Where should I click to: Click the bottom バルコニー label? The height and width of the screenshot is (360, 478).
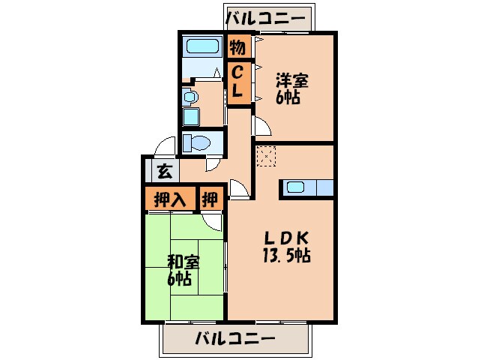pyautogui.click(x=235, y=337)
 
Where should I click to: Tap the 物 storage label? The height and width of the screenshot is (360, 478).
pyautogui.click(x=238, y=48)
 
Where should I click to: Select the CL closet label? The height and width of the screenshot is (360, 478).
pyautogui.click(x=238, y=83)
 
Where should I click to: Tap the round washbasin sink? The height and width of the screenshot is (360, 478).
pyautogui.click(x=190, y=97)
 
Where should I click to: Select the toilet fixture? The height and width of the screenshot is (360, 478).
pyautogui.click(x=195, y=142)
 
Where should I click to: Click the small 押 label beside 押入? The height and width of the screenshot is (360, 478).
pyautogui.click(x=211, y=199)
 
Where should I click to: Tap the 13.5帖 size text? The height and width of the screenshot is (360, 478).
pyautogui.click(x=286, y=255)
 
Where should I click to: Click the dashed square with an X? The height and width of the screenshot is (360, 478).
pyautogui.click(x=266, y=156)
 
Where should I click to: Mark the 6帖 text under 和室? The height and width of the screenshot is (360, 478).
pyautogui.click(x=179, y=280)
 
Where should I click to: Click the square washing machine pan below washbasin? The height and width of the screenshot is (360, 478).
pyautogui.click(x=190, y=117)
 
